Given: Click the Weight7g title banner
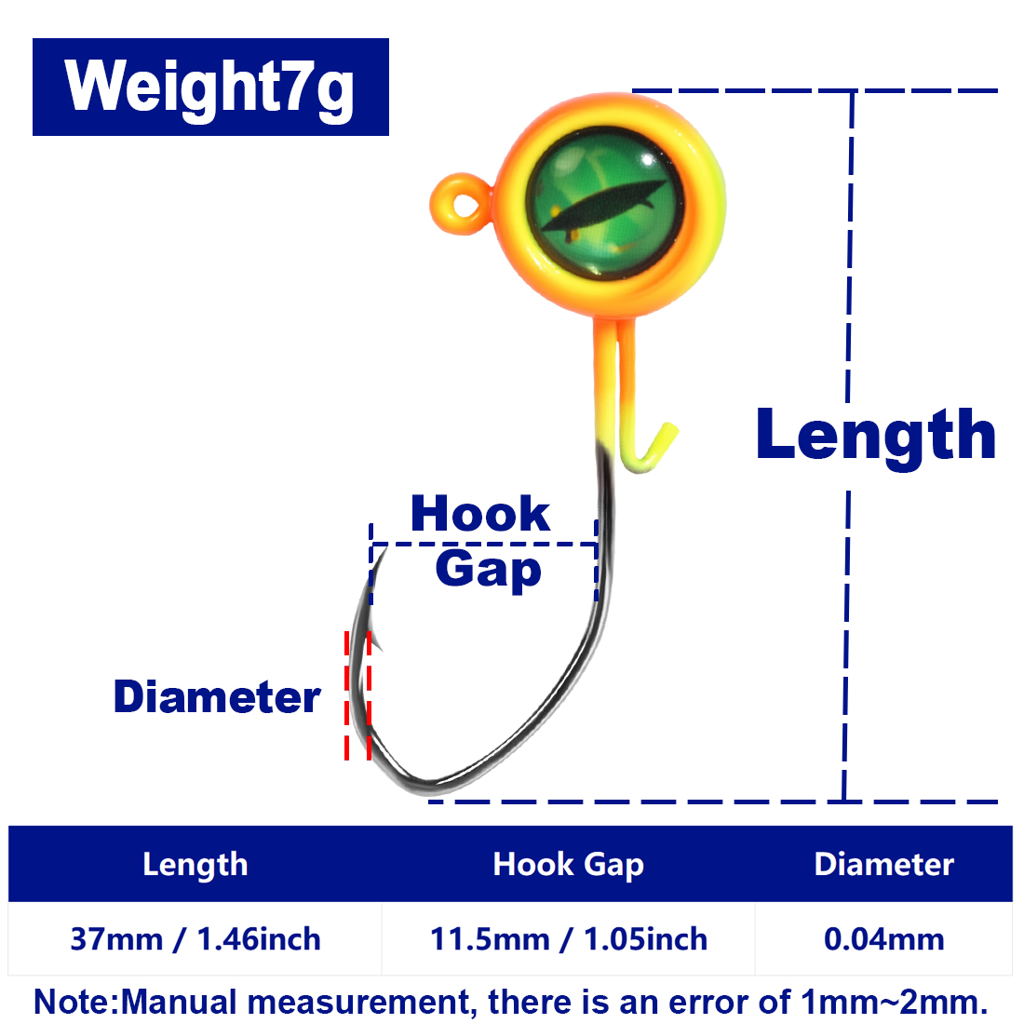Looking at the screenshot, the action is [210, 87].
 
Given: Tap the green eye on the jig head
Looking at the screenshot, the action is [605, 203].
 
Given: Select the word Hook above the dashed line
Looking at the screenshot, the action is [480, 513].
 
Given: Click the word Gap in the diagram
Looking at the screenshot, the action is [489, 570].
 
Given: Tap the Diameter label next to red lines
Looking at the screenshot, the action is [217, 697].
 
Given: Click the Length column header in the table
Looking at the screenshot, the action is [195, 865].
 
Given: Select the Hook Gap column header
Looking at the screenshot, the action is [568, 865].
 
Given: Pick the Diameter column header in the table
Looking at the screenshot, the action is [884, 865].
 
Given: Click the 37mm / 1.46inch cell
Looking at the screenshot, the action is [195, 939].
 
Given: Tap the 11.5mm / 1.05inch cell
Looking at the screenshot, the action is [568, 939].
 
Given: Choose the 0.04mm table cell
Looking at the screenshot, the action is [884, 939].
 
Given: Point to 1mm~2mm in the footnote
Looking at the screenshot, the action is [894, 1001].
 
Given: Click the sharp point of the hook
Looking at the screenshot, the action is [386, 549].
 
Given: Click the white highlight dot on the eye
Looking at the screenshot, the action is [647, 160].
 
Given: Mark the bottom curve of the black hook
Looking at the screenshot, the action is [424, 786].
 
